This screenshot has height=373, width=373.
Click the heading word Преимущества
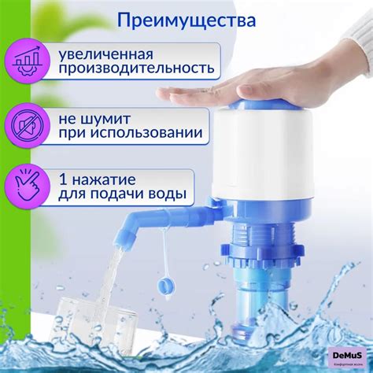(186, 19)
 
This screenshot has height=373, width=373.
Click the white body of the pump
(264, 157)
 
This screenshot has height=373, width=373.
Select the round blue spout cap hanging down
(168, 285)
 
